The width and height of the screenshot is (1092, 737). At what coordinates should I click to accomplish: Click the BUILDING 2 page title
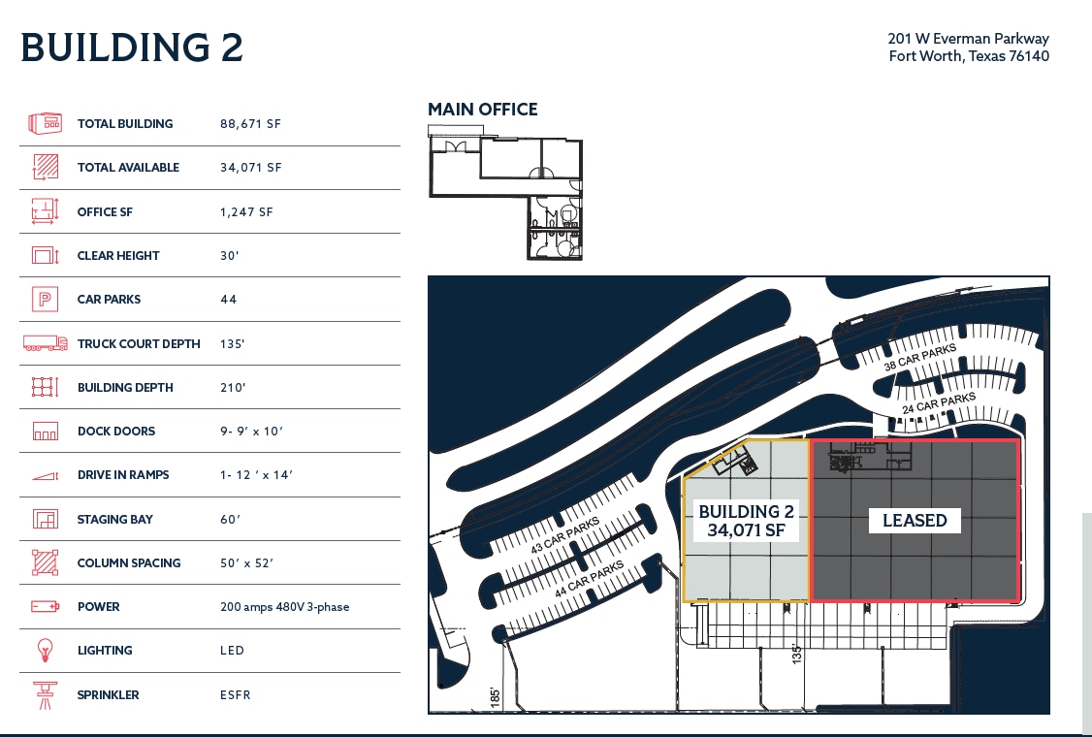click(132, 48)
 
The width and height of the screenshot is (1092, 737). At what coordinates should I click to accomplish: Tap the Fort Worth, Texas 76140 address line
click(969, 56)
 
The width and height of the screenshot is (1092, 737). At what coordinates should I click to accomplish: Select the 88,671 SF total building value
click(250, 124)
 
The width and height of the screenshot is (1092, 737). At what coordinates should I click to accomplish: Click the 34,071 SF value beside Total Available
click(250, 168)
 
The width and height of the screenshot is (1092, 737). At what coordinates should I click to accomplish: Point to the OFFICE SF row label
click(105, 212)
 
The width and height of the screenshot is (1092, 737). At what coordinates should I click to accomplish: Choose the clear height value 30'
click(230, 256)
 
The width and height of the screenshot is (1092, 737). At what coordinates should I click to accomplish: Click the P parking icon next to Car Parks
click(45, 300)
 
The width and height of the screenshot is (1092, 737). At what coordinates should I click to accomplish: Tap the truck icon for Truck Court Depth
click(45, 343)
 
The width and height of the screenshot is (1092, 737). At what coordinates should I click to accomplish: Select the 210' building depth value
click(233, 388)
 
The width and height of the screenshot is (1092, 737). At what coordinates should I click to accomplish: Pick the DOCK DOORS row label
click(116, 432)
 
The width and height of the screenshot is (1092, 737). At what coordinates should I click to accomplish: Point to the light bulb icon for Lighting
click(45, 651)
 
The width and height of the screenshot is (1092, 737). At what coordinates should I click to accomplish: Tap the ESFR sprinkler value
click(235, 695)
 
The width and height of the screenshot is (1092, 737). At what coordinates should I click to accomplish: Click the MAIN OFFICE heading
click(483, 110)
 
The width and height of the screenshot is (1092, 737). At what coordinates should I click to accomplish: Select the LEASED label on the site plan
click(915, 521)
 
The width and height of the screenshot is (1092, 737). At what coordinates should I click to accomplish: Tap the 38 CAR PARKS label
click(919, 358)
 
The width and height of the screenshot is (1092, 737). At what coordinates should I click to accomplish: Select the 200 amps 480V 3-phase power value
click(284, 607)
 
